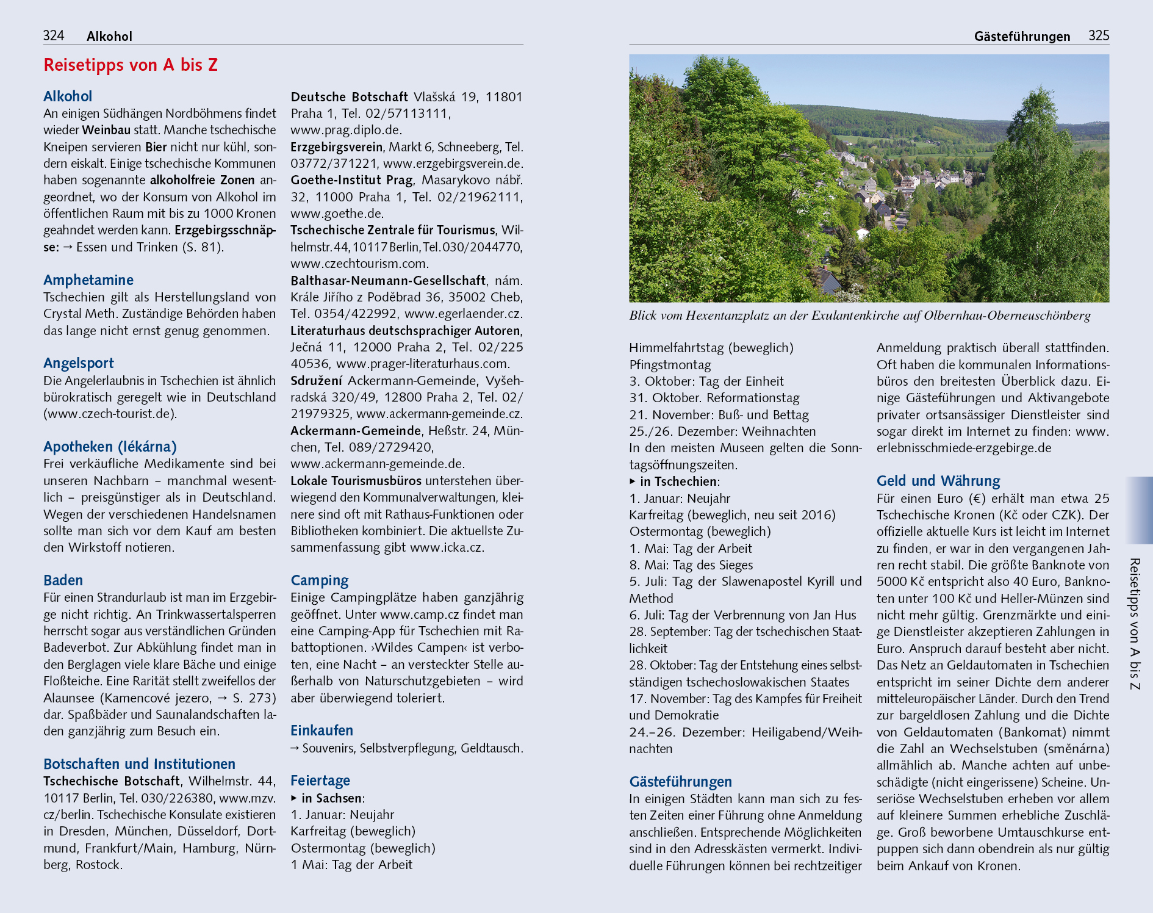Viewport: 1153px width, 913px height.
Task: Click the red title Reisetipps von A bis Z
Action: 131,65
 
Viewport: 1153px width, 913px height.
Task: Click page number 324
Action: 54,35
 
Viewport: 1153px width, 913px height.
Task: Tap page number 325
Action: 1099,35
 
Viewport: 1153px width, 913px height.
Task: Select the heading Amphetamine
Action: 88,280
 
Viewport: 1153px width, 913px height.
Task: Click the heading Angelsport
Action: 79,363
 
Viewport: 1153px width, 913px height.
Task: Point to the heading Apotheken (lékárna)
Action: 110,447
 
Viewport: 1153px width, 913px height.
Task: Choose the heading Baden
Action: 63,580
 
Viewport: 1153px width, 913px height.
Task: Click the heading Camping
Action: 320,580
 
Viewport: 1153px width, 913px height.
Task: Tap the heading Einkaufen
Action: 321,731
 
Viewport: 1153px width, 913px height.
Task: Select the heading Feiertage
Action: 320,781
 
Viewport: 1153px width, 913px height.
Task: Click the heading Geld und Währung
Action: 938,481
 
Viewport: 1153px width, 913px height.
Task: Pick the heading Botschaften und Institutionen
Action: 139,764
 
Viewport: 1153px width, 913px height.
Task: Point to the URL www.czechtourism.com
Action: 359,264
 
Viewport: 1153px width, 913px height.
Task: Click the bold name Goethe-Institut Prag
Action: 351,180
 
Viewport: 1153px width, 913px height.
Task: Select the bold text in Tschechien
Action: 678,482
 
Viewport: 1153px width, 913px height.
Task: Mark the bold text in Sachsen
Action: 332,798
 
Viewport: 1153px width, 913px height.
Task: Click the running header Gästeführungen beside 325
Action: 1022,37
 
